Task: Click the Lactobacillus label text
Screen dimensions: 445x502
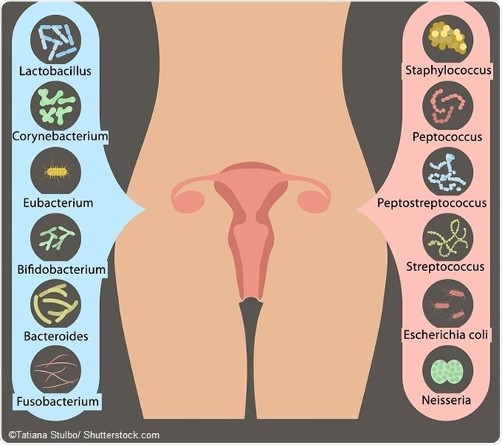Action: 56,72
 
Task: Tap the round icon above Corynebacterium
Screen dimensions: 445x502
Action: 56,105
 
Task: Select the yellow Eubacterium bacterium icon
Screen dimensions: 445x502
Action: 56,170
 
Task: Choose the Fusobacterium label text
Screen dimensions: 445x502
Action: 57,402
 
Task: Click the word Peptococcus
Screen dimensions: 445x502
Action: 448,137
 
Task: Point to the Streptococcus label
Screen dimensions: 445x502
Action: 448,267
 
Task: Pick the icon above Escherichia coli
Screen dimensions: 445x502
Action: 448,302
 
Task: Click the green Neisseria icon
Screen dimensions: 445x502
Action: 448,369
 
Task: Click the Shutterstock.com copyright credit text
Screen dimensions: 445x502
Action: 84,435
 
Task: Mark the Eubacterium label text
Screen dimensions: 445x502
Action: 57,203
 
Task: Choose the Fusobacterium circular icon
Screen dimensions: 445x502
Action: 56,369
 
